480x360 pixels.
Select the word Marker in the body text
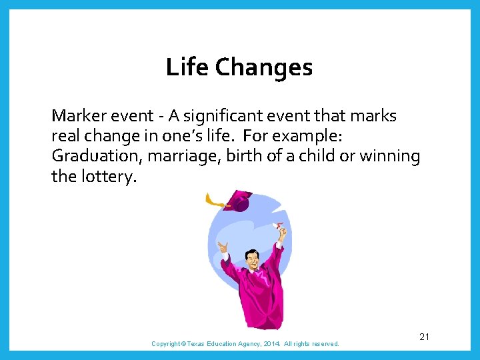77,116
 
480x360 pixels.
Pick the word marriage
170,157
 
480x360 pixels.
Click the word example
309,137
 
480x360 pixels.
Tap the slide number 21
424,337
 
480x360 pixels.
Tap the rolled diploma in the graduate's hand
279,228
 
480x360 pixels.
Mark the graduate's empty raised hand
223,249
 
